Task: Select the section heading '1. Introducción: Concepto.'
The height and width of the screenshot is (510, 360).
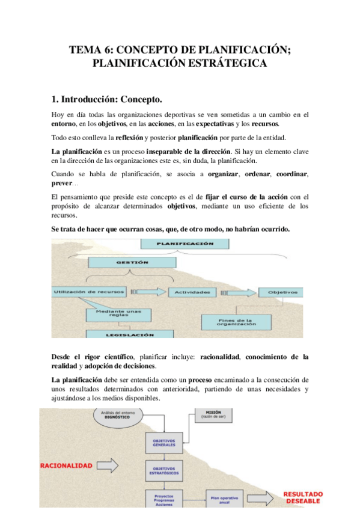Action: pos(107,99)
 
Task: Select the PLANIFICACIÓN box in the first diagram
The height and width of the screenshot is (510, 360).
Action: pos(176,244)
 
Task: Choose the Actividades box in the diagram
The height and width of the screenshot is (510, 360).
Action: pos(192,292)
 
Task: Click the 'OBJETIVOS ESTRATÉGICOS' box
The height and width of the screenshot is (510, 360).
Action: pos(164,470)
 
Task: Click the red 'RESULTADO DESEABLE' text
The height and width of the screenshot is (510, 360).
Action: pos(303,497)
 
